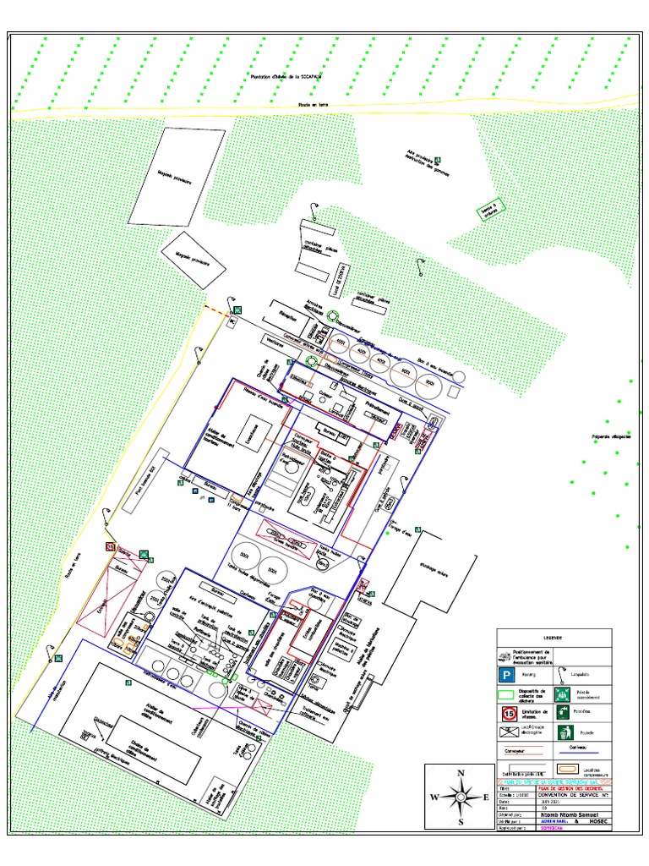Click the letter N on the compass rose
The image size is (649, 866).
tap(461, 773)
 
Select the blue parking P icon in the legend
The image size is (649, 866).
tap(505, 676)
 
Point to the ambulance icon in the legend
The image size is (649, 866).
tap(505, 656)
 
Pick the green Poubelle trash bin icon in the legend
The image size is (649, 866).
tap(564, 732)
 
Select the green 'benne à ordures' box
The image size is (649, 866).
tap(488, 208)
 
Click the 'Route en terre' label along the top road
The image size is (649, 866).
tap(313, 105)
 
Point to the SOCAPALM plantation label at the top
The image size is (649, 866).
tap(288, 78)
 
